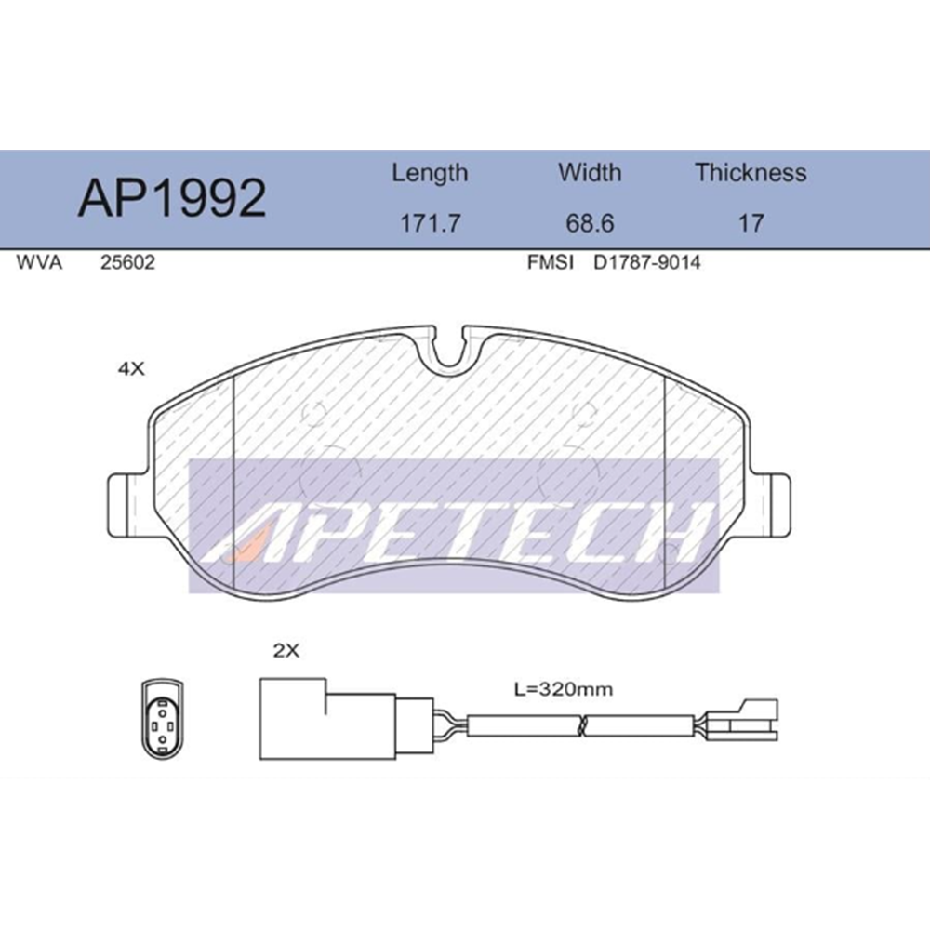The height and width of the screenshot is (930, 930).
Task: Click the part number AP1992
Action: (x=172, y=198)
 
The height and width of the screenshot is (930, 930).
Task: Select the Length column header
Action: (x=430, y=174)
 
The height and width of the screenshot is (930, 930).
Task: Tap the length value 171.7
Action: (x=430, y=223)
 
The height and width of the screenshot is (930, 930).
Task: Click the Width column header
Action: (x=590, y=173)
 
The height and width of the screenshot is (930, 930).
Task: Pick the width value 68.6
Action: (x=590, y=223)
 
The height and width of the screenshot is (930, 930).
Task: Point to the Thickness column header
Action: (x=751, y=173)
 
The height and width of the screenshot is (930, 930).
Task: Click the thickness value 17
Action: (x=751, y=223)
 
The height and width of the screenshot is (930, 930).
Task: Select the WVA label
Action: (x=39, y=262)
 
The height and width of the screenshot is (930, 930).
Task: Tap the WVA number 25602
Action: (x=127, y=262)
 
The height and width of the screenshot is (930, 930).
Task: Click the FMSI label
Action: (x=551, y=262)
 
